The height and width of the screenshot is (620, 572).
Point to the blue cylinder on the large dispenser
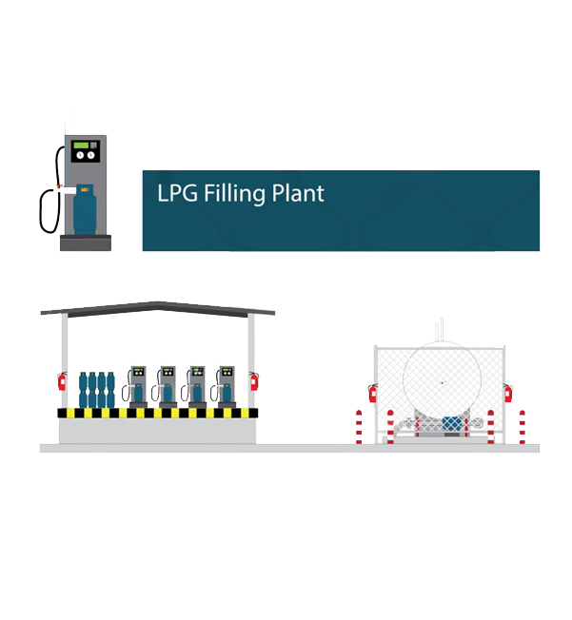coord(86,208)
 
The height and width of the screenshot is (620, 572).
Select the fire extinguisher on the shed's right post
coord(254,380)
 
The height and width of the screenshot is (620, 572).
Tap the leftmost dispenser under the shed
coord(138,385)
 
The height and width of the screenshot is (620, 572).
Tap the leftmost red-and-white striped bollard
coord(359,425)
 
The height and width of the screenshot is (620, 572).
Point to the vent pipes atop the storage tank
coord(440,329)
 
